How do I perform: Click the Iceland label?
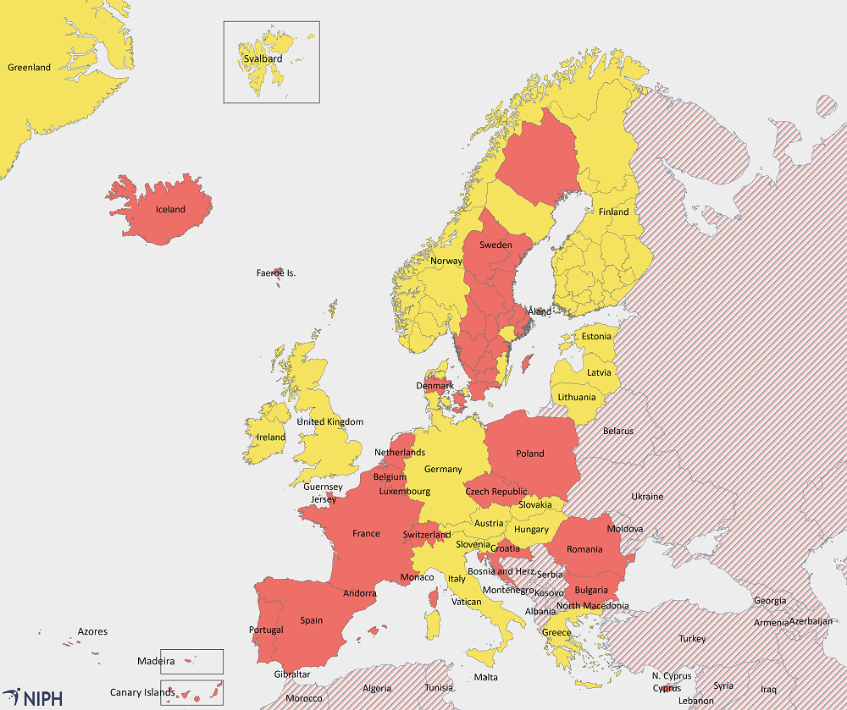(170, 209)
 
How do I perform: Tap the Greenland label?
(29, 68)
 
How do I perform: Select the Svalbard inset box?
(271, 62)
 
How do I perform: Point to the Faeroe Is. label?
(276, 272)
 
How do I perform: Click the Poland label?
(530, 453)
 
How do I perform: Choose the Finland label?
(614, 212)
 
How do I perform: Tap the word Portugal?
(266, 630)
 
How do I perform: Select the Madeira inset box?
(191, 661)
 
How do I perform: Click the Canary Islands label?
(142, 692)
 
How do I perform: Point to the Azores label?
(92, 631)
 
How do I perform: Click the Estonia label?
(596, 336)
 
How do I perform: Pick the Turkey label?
(692, 638)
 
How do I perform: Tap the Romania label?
(584, 549)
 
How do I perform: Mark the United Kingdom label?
(329, 421)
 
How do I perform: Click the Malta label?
(486, 677)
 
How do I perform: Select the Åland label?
(540, 311)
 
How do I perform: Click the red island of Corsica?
(435, 598)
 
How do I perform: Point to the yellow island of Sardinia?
(435, 627)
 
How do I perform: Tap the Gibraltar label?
(291, 674)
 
